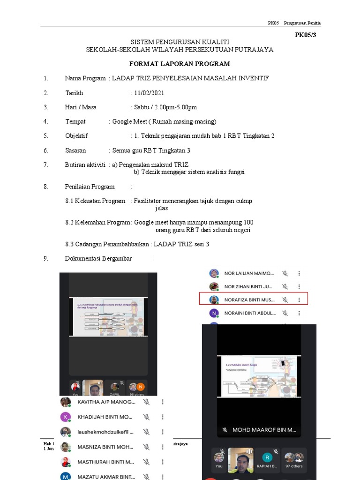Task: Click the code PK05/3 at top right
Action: [x=306, y=35]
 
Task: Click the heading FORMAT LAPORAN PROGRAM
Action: [x=180, y=64]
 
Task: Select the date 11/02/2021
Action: [x=149, y=93]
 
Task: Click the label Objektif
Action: [x=76, y=136]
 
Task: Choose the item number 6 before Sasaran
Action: [x=45, y=150]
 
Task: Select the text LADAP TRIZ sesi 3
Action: [x=181, y=244]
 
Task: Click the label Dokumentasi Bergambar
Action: [x=98, y=258]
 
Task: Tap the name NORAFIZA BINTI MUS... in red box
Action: [x=249, y=300]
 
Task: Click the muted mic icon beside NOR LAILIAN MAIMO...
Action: [x=285, y=273]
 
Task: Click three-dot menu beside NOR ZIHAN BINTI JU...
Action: [x=299, y=286]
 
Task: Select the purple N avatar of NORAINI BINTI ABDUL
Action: [x=214, y=313]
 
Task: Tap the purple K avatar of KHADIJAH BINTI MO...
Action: [x=66, y=417]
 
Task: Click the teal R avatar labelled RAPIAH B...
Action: [x=267, y=457]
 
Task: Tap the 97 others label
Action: [x=294, y=466]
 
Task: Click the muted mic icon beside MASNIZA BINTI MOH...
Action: [x=146, y=447]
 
